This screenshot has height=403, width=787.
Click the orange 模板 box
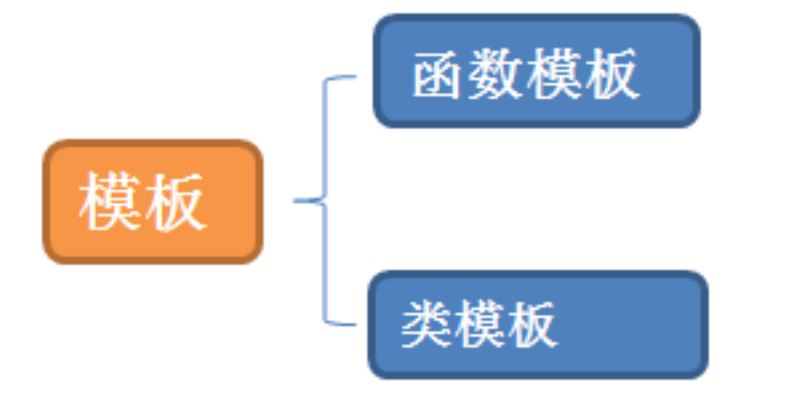point(153,201)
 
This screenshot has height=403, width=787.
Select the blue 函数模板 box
point(536,71)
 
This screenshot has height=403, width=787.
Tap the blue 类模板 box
point(538,324)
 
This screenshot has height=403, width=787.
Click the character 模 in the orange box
point(108,202)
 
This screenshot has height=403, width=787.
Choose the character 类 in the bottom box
point(426,324)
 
